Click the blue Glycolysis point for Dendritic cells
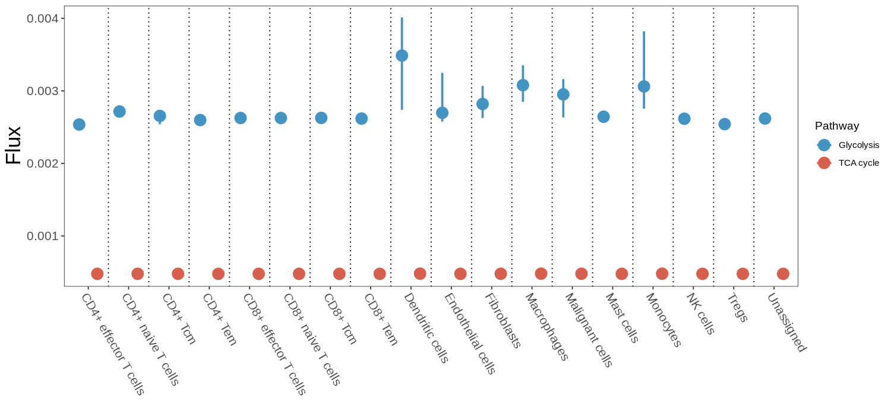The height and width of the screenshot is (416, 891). click(x=402, y=56)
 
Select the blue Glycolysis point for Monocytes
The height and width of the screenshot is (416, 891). click(x=644, y=87)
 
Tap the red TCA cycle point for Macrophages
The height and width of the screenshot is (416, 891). click(x=541, y=274)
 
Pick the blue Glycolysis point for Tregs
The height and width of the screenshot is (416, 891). click(x=725, y=124)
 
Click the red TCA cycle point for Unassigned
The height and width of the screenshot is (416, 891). click(x=783, y=274)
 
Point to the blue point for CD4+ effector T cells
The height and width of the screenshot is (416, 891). click(x=79, y=124)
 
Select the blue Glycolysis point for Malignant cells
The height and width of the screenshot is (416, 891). click(x=563, y=94)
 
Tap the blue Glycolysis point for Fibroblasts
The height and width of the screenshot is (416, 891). click(x=483, y=104)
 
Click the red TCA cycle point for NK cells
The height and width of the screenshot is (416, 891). click(x=702, y=274)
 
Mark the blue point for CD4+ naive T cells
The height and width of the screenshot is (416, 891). click(x=119, y=112)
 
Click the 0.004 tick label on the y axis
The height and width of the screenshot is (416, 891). click(x=43, y=18)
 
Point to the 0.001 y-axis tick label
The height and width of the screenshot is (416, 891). click(x=43, y=236)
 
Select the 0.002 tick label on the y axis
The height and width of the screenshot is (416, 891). click(x=43, y=163)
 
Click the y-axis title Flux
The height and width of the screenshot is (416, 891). click(x=13, y=146)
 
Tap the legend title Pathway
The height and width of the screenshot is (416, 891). click(x=837, y=126)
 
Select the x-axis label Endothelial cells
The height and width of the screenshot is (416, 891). click(x=470, y=333)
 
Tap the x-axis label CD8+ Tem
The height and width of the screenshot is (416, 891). click(x=381, y=319)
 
